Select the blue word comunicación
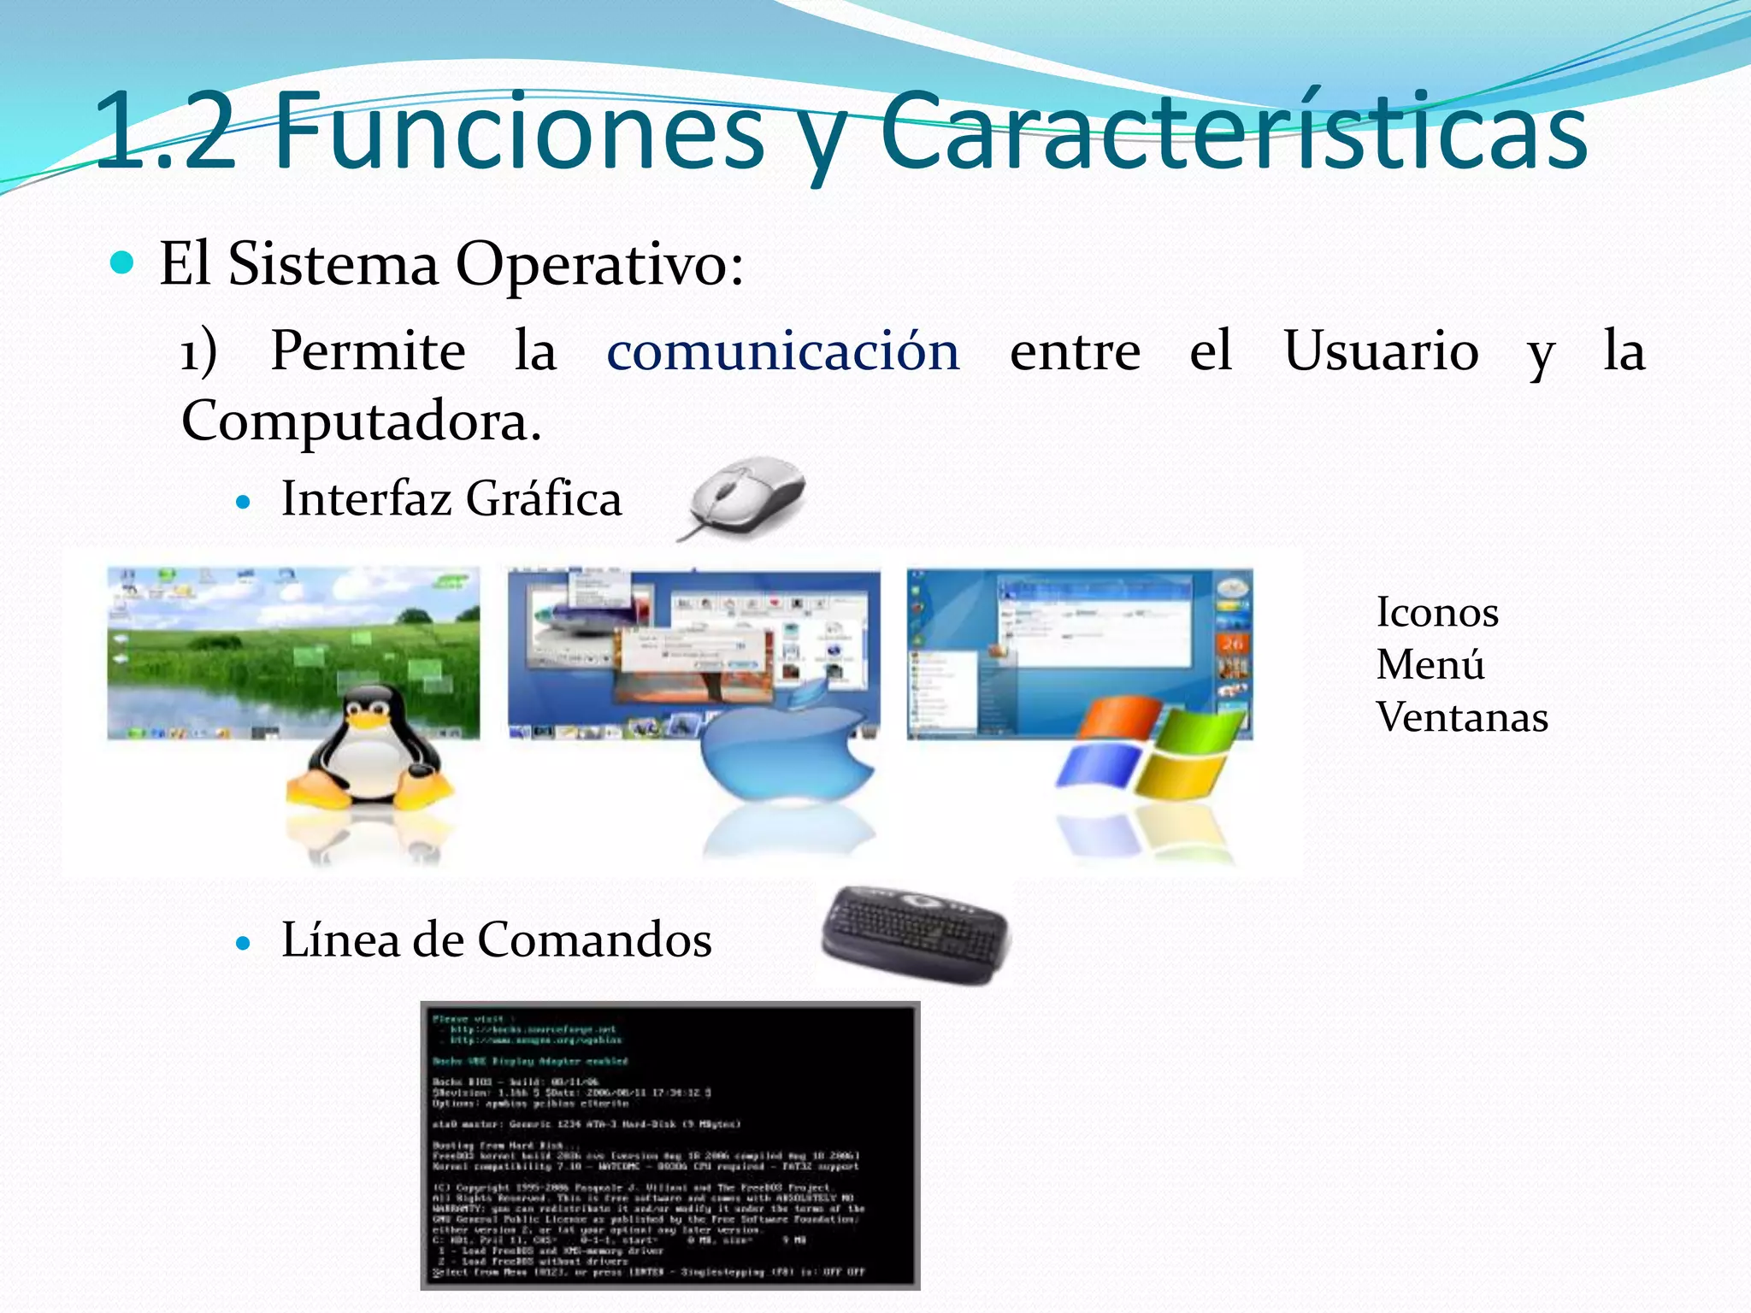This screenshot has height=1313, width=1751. [x=783, y=350]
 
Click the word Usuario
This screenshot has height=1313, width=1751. [x=1381, y=350]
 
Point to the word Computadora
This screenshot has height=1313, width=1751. [x=361, y=421]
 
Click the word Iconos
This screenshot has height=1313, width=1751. [x=1437, y=613]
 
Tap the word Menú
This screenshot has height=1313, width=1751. [x=1430, y=665]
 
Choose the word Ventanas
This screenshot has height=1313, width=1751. [x=1462, y=717]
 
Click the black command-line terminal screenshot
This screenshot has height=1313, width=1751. [x=670, y=1145]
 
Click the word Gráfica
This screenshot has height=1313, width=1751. [x=544, y=499]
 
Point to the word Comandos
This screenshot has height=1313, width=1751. [x=594, y=940]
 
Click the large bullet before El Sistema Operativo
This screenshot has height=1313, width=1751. [x=123, y=263]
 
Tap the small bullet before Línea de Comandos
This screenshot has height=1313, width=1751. [x=245, y=944]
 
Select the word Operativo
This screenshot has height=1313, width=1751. [x=599, y=265]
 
